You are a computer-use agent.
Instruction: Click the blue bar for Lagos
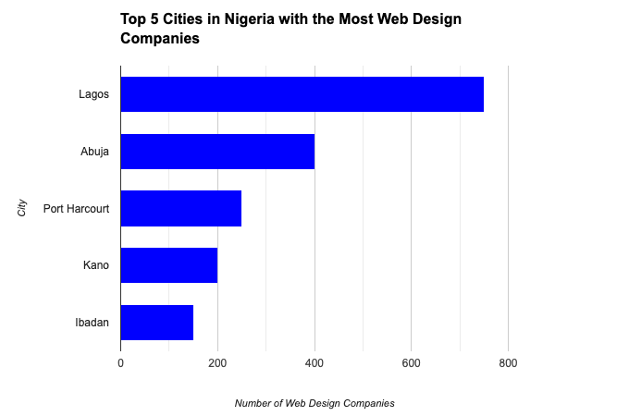point(302,94)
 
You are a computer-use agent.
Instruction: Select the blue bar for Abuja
point(217,152)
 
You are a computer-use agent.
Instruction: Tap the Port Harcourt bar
point(181,208)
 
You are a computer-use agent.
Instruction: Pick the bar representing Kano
point(169,265)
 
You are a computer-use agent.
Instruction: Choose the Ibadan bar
point(157,323)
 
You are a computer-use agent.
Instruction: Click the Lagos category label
point(94,94)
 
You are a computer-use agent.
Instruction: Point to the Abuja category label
point(95,152)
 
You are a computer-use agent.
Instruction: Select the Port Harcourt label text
point(77,209)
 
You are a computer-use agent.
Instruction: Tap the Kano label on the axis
point(96,266)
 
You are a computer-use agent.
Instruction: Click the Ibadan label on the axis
point(92,323)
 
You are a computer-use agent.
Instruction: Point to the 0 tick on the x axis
point(121,364)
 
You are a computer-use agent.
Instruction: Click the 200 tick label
point(217,364)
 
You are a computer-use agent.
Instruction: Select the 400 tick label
point(314,364)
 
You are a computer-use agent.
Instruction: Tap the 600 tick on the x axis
point(411,364)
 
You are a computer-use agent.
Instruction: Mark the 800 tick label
point(508,364)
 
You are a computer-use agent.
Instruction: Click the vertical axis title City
point(22,208)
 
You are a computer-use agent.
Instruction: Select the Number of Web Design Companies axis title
point(314,403)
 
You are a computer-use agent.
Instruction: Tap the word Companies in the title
point(160,39)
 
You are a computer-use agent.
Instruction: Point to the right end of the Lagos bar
point(482,94)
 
